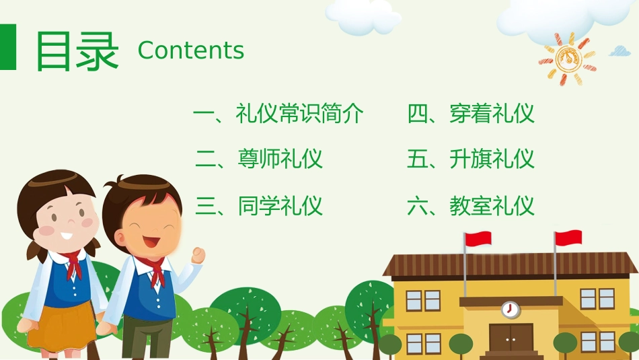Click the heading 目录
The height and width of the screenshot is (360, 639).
(x=77, y=50)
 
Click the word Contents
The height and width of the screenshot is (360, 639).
(x=190, y=50)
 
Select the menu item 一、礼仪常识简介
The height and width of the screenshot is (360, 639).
(x=278, y=114)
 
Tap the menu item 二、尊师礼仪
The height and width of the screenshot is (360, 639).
(x=259, y=159)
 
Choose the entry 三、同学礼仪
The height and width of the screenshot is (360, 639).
(x=259, y=205)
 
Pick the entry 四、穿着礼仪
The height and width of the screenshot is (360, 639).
(x=471, y=114)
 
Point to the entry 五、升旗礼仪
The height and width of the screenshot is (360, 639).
(x=471, y=159)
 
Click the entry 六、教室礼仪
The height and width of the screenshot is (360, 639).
(x=471, y=205)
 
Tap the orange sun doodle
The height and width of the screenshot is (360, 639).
(x=566, y=58)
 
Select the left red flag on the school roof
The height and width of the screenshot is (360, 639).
(x=478, y=238)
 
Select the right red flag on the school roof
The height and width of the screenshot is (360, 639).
(x=568, y=238)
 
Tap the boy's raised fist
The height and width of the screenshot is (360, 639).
(x=198, y=255)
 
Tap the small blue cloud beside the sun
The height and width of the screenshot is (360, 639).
(x=619, y=50)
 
